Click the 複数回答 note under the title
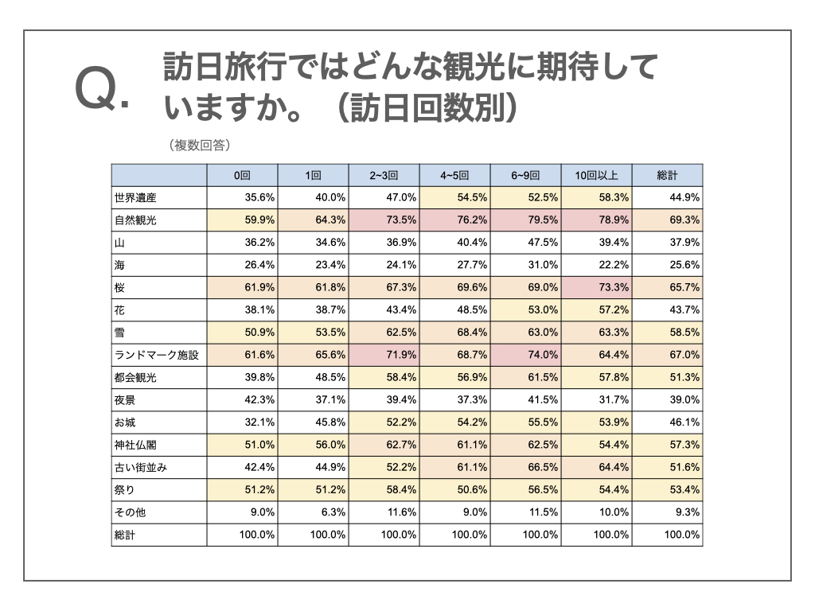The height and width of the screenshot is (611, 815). click(200, 145)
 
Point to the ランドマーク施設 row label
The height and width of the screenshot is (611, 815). click(156, 356)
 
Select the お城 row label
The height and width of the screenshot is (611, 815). click(125, 422)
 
